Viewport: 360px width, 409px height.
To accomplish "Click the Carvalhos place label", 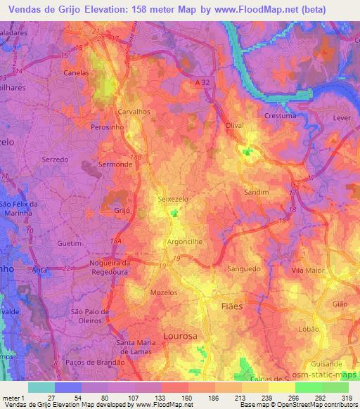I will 134,112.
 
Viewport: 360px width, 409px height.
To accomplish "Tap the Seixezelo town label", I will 172,200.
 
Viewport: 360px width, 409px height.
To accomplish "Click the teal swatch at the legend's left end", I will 41,387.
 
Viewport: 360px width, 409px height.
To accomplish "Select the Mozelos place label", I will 163,292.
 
